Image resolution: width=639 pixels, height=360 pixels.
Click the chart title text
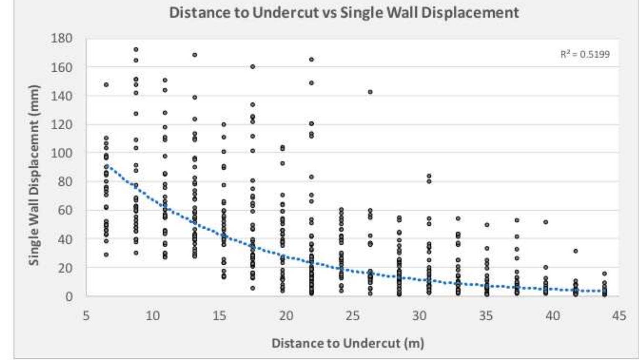343,13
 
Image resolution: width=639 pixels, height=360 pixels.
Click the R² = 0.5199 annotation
585,54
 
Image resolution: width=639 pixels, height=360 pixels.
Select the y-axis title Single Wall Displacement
34,175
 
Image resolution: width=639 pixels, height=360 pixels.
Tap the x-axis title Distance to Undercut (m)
348,343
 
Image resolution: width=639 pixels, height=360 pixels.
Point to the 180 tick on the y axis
62,38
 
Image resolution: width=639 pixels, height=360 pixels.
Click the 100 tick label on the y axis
62,153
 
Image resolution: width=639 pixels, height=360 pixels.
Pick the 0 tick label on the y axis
68,297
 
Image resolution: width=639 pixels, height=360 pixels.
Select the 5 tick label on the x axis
86,316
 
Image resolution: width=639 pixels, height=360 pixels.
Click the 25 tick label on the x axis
353,316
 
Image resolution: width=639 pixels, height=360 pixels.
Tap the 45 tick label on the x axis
619,316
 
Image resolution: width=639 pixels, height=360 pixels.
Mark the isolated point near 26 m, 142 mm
370,92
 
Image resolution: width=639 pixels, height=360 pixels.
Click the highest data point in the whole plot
136,50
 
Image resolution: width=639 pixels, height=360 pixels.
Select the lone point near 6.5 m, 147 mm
106,85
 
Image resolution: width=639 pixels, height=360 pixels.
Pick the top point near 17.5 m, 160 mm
253,67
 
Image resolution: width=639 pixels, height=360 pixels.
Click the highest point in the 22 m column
311,60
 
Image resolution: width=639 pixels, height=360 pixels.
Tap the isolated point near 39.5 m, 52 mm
546,222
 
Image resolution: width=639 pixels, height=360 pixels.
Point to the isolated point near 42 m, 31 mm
576,251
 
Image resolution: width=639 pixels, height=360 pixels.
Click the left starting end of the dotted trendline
107,165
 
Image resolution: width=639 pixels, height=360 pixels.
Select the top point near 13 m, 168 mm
194,55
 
